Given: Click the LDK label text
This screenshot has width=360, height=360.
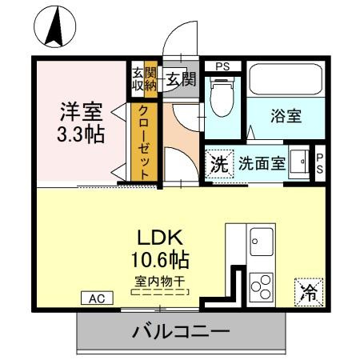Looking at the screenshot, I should pyautogui.click(x=164, y=238).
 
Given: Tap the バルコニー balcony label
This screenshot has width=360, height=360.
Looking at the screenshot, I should pyautogui.click(x=181, y=330).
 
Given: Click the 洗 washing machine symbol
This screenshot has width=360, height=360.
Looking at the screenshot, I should pyautogui.click(x=218, y=164).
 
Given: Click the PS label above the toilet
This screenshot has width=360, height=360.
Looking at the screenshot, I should pyautogui.click(x=222, y=66).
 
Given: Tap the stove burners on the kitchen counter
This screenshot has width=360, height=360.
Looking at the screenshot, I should pyautogui.click(x=260, y=286).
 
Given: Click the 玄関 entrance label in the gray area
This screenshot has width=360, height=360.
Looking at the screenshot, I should pyautogui.click(x=181, y=78).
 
